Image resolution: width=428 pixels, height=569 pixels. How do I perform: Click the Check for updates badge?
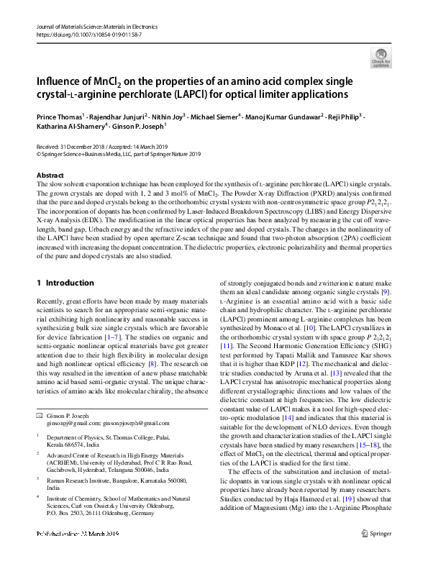(x=381, y=58)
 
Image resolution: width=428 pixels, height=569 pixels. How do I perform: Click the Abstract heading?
(x=50, y=176)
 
